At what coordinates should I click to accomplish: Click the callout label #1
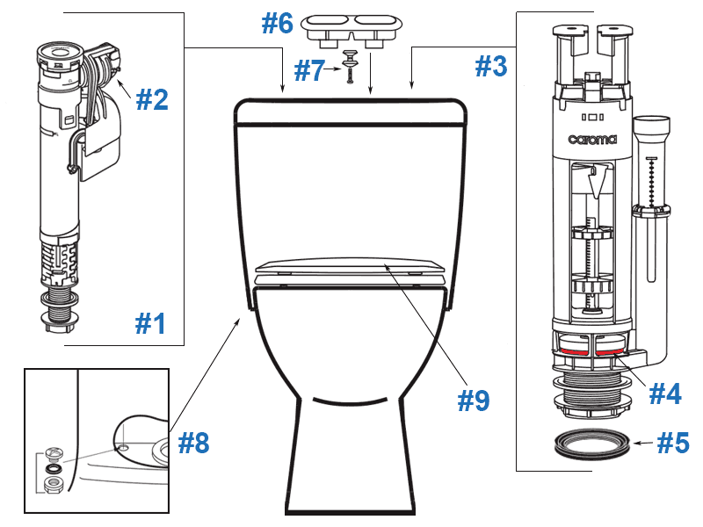(x=150, y=324)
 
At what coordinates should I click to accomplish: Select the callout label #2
(x=151, y=99)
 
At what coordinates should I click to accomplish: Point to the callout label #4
(x=665, y=393)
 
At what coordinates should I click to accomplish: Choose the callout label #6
(x=277, y=24)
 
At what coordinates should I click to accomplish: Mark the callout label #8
(x=194, y=444)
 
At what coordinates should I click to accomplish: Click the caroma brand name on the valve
(x=592, y=139)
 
